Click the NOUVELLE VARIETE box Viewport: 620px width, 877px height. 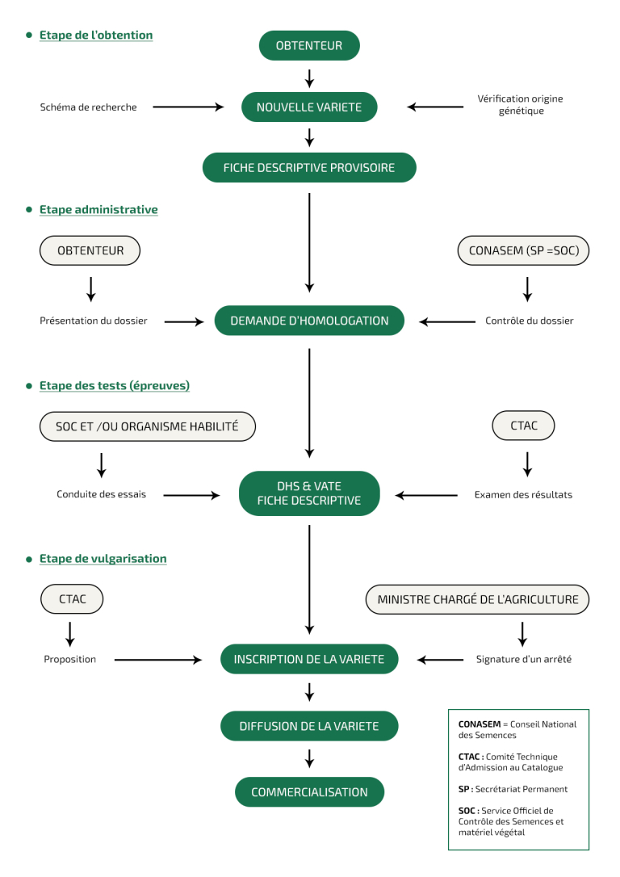pyautogui.click(x=309, y=107)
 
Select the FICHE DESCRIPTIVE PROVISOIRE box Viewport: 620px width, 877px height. pyautogui.click(x=309, y=168)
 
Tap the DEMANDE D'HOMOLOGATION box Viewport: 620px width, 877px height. pyautogui.click(x=309, y=321)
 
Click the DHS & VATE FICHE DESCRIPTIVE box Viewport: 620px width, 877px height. pyautogui.click(x=309, y=493)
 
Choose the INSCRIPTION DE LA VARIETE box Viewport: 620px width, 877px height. pyautogui.click(x=309, y=660)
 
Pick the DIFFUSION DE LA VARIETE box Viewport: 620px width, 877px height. pyautogui.click(x=309, y=726)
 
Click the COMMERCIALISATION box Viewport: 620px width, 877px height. pyautogui.click(x=309, y=792)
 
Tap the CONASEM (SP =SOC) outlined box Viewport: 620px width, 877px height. pyautogui.click(x=523, y=250)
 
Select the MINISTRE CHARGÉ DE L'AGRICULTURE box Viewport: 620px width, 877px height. pyautogui.click(x=477, y=599)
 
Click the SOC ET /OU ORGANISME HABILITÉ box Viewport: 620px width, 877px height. pyautogui.click(x=148, y=426)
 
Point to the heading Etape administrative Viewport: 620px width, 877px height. pyautogui.click(x=98, y=210)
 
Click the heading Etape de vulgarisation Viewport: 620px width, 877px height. pyautogui.click(x=103, y=559)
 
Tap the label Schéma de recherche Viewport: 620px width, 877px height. pyautogui.click(x=88, y=107)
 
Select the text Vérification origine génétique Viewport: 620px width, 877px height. pyautogui.click(x=521, y=105)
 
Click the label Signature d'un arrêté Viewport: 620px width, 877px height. pyautogui.click(x=524, y=660)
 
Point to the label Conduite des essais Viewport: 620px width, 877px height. pyautogui.click(x=101, y=494)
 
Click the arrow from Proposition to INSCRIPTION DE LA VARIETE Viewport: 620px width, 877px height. pyautogui.click(x=158, y=660)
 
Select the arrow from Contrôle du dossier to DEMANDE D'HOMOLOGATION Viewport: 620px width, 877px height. pyautogui.click(x=447, y=321)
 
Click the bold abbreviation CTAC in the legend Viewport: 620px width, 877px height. pyautogui.click(x=469, y=757)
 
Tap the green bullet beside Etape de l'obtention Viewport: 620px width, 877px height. pyautogui.click(x=29, y=36)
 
